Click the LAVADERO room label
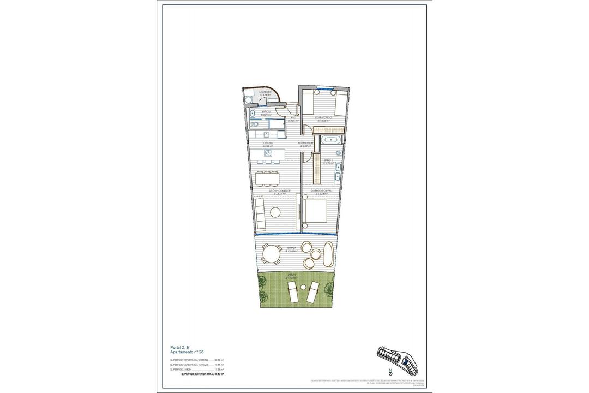(x=266, y=93)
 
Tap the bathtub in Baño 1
(x=330, y=140)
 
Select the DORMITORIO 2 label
(x=323, y=118)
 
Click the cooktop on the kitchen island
(x=269, y=153)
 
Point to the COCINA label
(x=267, y=144)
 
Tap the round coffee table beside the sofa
(x=277, y=212)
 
